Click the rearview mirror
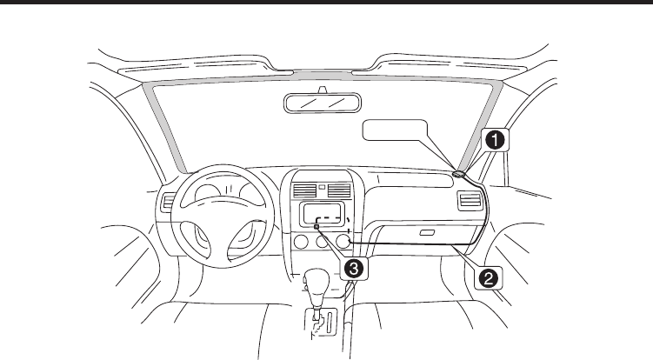(x=322, y=102)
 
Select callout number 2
(x=490, y=277)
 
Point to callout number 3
(x=353, y=268)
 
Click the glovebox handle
(x=425, y=234)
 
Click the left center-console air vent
(x=303, y=188)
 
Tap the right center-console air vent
(x=338, y=188)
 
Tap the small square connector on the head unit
(x=317, y=227)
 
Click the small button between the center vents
(x=321, y=185)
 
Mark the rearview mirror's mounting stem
(x=322, y=88)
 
